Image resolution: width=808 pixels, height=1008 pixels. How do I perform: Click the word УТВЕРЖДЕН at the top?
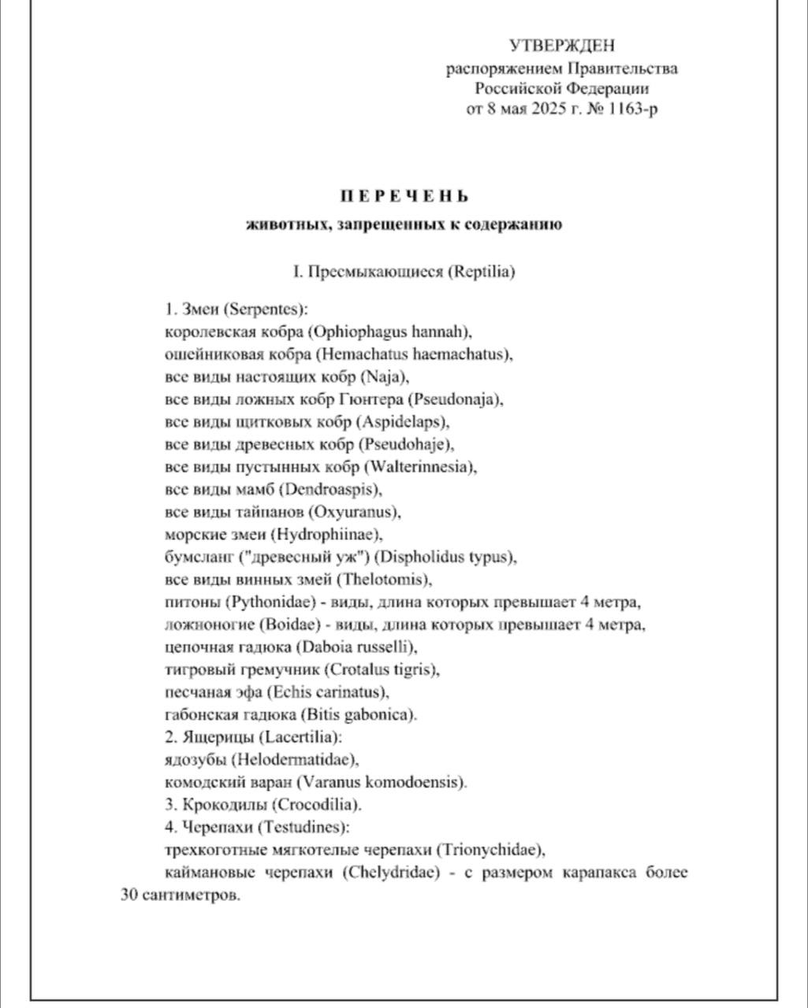coord(561,46)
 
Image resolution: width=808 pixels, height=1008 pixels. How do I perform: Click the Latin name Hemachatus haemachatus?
coord(423,354)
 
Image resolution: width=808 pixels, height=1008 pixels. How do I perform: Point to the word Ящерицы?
coord(215,738)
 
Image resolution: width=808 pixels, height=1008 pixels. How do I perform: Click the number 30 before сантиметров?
coord(129,896)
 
